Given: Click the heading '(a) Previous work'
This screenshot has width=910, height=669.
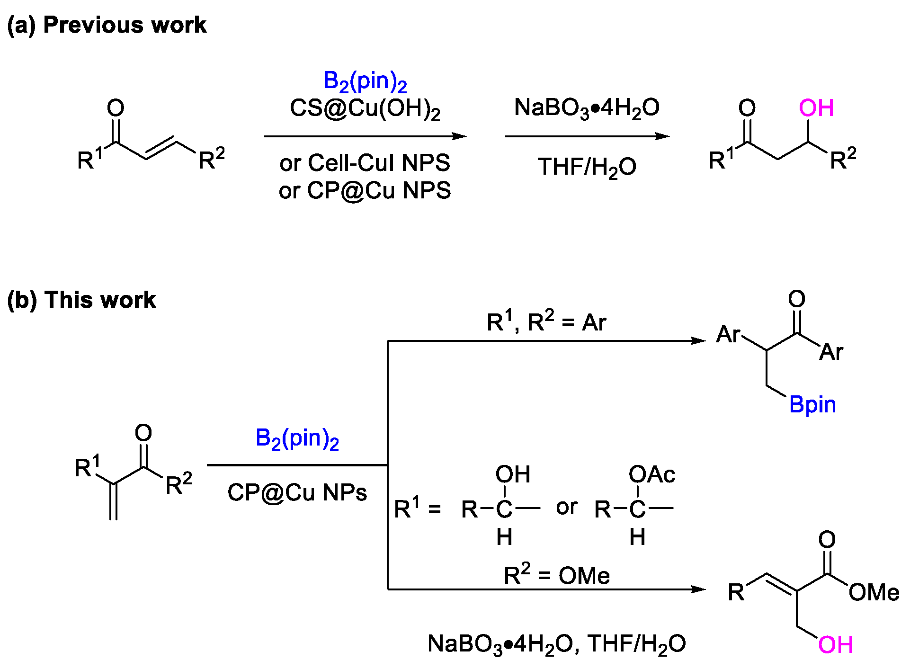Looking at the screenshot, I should [107, 25].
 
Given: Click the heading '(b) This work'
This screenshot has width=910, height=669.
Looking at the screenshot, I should [81, 300].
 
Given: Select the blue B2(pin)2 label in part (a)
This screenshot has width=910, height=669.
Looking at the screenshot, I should [365, 81].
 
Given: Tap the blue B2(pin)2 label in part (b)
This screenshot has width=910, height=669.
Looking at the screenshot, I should [297, 438].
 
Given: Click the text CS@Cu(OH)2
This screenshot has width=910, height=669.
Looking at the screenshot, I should [365, 108].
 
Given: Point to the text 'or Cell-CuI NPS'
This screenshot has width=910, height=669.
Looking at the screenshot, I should [365, 163].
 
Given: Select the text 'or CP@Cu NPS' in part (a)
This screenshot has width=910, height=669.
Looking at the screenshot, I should [365, 190].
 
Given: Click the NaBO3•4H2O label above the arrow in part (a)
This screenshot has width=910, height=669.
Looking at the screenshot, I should [587, 108].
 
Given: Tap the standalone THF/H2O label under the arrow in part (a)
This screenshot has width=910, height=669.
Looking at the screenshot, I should [587, 167].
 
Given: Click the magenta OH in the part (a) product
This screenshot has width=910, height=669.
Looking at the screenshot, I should [816, 108].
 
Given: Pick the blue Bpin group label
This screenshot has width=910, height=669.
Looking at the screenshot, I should [812, 405].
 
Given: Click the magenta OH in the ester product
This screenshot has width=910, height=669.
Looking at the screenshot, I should [835, 644].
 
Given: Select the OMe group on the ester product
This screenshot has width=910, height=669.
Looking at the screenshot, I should [874, 592].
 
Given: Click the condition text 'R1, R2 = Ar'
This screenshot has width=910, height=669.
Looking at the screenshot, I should [546, 322].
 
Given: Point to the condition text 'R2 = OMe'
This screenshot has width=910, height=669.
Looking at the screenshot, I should [556, 575].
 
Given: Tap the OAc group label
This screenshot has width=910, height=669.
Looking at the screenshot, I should [651, 474].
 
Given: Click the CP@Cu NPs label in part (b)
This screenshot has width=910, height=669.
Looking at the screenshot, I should [297, 492].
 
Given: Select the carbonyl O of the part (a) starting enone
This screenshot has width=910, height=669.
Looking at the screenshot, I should [116, 108].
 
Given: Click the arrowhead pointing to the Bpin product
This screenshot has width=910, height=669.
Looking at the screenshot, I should [699, 340].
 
